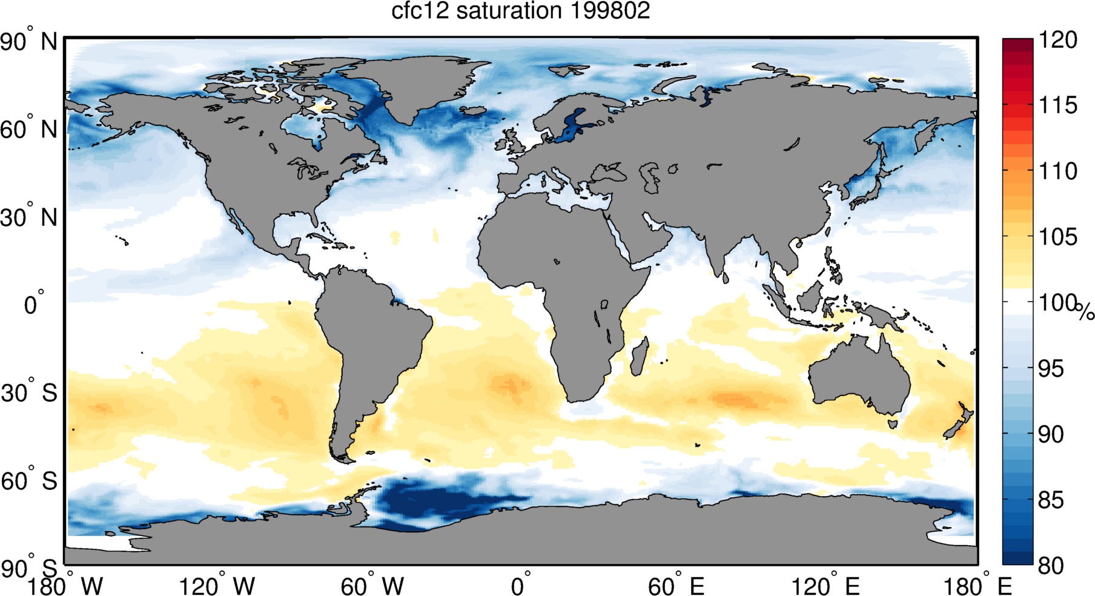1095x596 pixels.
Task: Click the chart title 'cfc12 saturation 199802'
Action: [520, 11]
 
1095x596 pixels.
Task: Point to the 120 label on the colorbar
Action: [1058, 40]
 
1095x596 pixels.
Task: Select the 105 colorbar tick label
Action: [1058, 237]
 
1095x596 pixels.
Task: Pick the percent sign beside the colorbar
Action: [1085, 312]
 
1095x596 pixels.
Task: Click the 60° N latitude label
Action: [29, 129]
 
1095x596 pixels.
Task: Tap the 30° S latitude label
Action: [29, 393]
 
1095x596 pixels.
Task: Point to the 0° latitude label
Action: [34, 303]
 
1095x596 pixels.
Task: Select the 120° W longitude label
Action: [217, 586]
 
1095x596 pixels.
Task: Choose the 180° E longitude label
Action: [977, 586]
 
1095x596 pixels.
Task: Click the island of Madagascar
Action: [640, 356]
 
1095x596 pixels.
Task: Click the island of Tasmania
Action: [893, 424]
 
